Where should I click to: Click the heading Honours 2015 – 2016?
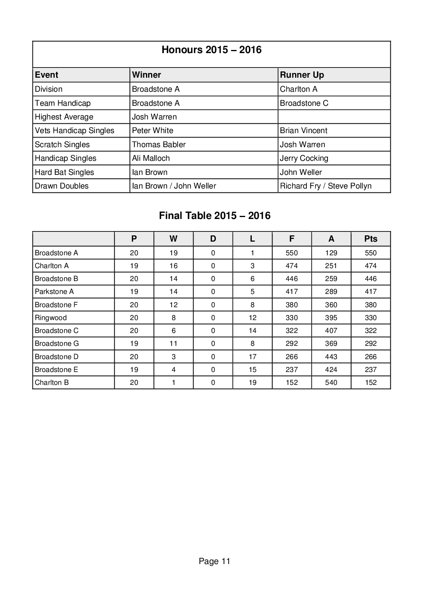coord(211,50)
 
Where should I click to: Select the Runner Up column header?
coord(302,75)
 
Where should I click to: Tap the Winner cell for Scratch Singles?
coord(159,144)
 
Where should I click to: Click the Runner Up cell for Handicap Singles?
coord(304,158)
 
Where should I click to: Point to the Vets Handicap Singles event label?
coord(75,130)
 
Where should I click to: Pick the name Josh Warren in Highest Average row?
coord(154,117)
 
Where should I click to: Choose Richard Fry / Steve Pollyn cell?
coord(326,186)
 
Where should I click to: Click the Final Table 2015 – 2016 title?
coord(214,216)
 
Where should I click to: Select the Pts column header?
coord(370,239)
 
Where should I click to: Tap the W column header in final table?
coord(173,239)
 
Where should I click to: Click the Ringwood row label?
coord(51,318)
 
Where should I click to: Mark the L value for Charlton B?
coord(252,383)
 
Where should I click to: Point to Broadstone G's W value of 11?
coord(173,344)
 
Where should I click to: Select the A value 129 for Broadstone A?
coord(331,253)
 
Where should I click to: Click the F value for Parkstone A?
coord(292,292)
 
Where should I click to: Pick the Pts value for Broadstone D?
coord(370,357)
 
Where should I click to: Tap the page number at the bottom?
coord(214,561)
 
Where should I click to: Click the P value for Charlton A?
coord(134,266)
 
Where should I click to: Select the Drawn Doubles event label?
coord(62,186)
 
